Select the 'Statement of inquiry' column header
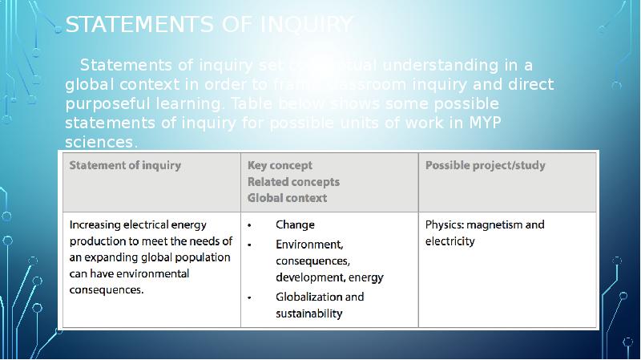125,166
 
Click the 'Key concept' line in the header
279,166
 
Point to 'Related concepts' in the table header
293,182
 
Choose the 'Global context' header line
287,198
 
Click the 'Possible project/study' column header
485,166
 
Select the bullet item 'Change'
295,224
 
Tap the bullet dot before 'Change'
250,225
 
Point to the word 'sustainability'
308,313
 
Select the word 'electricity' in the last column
450,241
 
